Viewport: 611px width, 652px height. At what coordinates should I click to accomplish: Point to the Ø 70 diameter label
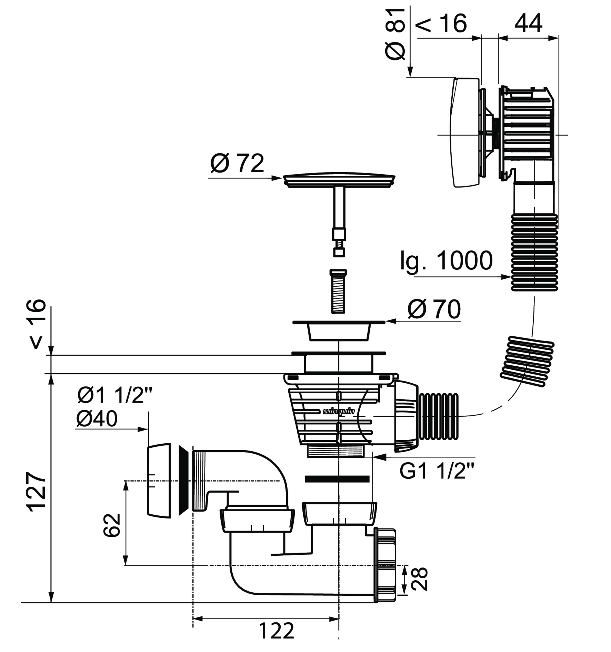click(x=434, y=309)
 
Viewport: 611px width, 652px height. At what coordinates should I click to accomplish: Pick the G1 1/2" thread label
click(x=437, y=471)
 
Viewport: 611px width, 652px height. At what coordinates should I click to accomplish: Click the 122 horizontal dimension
click(x=276, y=630)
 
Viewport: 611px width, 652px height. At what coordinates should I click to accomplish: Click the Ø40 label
click(x=97, y=419)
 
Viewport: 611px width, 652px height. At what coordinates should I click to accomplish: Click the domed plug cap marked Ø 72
click(x=339, y=179)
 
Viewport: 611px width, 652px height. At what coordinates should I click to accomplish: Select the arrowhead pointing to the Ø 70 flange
click(x=391, y=321)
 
